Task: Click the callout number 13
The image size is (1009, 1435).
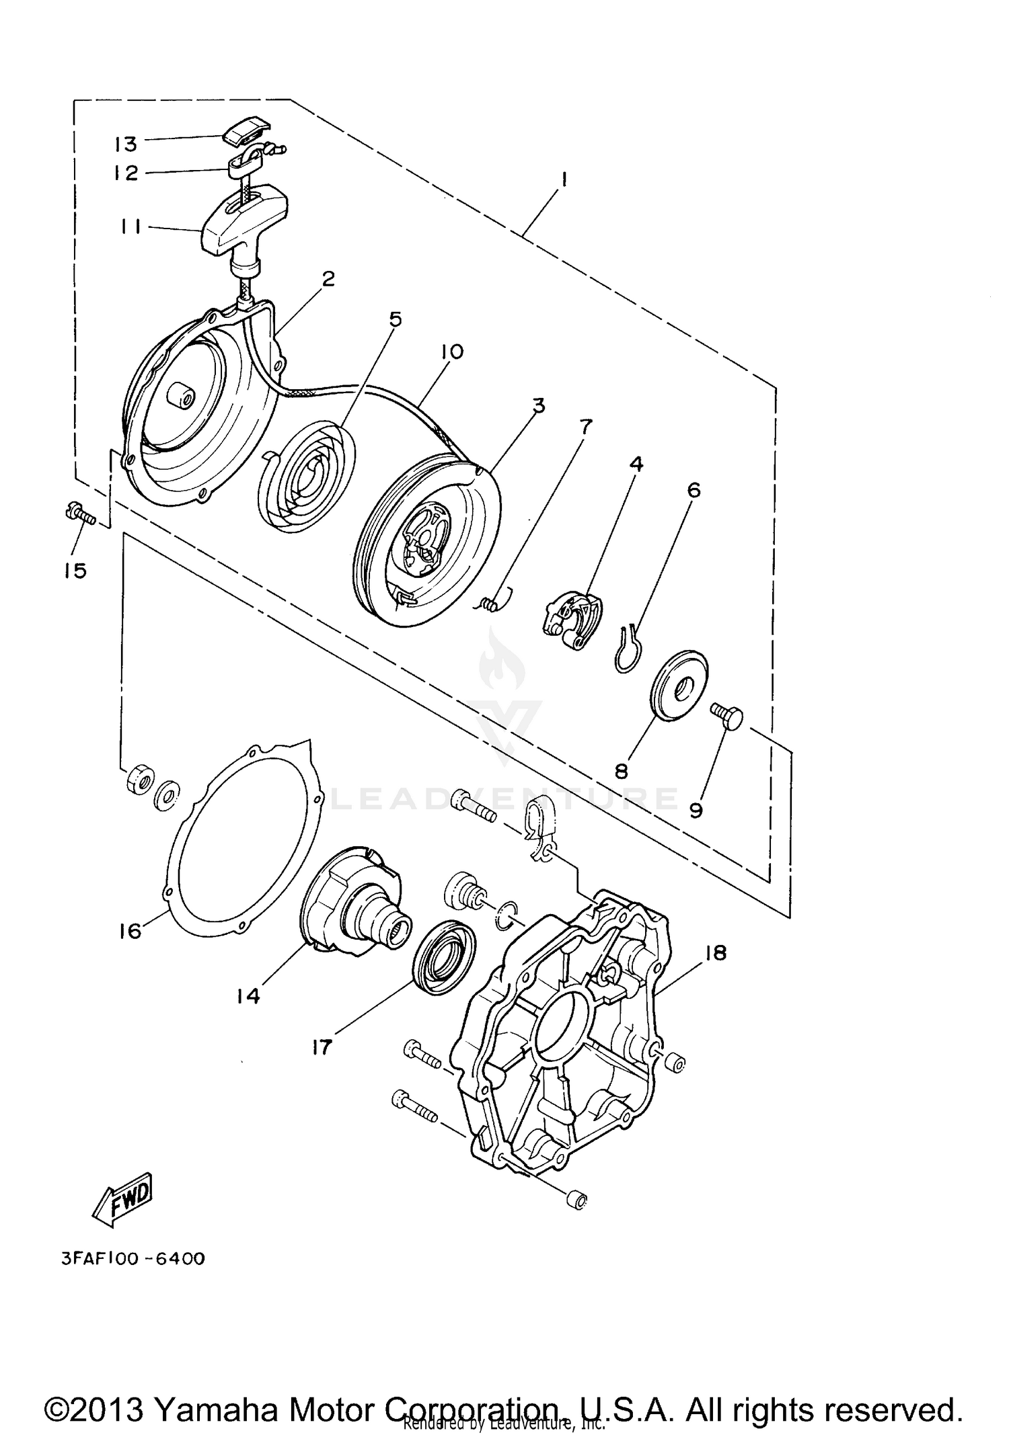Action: (125, 144)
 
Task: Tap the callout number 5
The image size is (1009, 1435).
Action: (395, 319)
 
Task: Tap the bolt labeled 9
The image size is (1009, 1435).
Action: (728, 717)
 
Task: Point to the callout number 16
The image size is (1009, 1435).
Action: (130, 931)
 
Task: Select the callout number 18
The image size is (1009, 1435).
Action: (716, 952)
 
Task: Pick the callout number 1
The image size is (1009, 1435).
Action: (564, 179)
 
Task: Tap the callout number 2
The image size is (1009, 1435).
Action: (328, 279)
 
